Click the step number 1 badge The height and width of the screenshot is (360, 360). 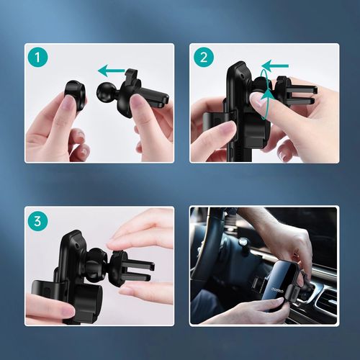click(x=37, y=57)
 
